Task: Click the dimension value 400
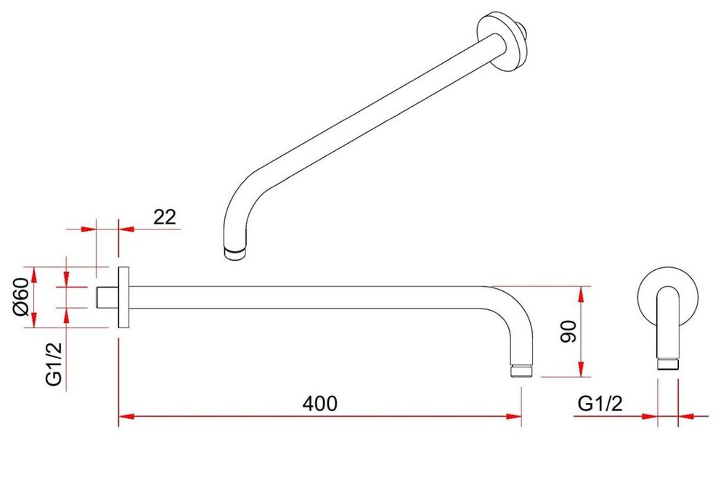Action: click(320, 404)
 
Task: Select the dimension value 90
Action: click(568, 332)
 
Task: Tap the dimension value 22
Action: click(165, 217)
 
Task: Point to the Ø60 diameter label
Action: click(22, 297)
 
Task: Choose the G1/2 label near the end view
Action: click(600, 404)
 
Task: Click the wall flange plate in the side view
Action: click(123, 298)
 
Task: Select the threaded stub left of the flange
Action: click(107, 298)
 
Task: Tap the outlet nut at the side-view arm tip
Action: click(522, 371)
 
